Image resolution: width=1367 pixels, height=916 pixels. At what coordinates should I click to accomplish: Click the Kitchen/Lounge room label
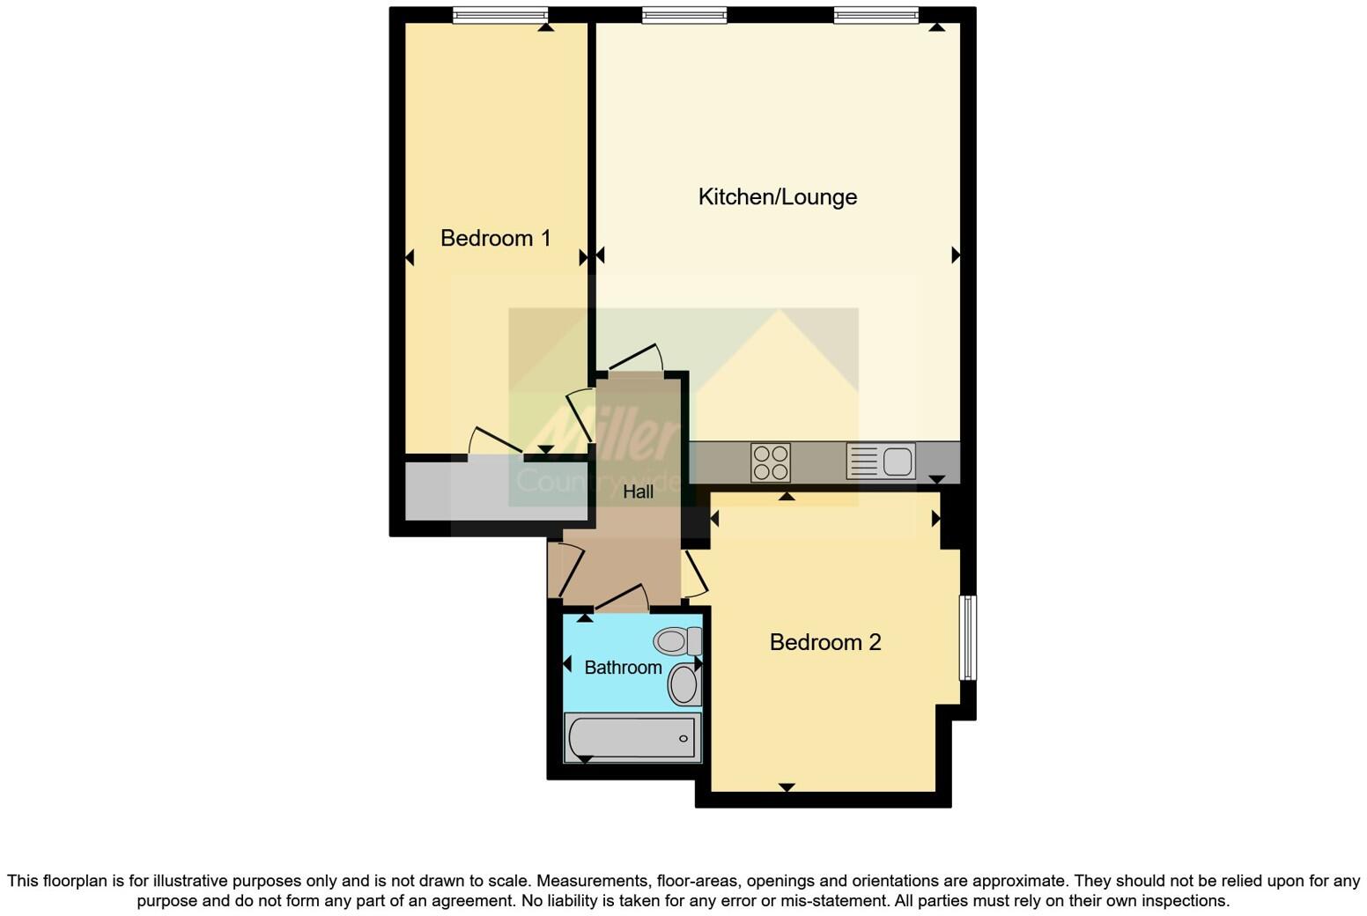[777, 196]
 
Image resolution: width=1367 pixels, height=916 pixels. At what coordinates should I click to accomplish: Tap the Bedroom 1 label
[495, 238]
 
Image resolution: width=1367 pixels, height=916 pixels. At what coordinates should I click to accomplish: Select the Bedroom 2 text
[824, 642]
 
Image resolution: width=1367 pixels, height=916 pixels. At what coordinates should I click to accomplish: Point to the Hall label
[638, 491]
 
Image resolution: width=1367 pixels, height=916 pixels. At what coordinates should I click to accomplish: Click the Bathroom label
[623, 668]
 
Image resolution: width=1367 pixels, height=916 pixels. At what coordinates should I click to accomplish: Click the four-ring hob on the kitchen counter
[771, 462]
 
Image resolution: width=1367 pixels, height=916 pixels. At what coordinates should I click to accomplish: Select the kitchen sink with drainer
[881, 461]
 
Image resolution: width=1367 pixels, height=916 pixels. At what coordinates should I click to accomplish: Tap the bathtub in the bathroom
[632, 737]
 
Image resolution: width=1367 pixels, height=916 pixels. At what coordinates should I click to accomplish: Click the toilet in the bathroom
[677, 640]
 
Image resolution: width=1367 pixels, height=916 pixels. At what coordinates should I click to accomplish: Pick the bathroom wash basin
[683, 684]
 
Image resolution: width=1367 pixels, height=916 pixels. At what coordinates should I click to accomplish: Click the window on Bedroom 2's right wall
[967, 638]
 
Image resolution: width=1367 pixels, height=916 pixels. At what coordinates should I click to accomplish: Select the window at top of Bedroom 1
[500, 15]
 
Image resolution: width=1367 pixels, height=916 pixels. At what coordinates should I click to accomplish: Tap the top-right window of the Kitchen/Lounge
[876, 15]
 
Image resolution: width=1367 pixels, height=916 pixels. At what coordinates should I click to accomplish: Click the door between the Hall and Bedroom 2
[694, 573]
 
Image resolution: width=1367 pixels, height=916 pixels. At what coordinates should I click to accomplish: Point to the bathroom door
[622, 598]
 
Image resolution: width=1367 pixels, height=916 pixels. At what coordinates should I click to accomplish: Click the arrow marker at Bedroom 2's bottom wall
[787, 787]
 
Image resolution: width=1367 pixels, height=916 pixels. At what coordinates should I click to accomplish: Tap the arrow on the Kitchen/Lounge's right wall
[956, 255]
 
